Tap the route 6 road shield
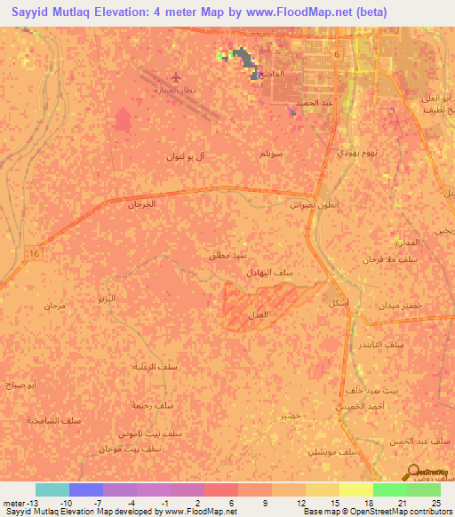tap(337, 56)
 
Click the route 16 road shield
tap(35, 254)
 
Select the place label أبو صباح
tap(44, 386)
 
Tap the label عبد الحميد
tap(314, 102)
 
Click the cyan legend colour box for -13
tap(52, 489)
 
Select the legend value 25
tap(435, 503)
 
